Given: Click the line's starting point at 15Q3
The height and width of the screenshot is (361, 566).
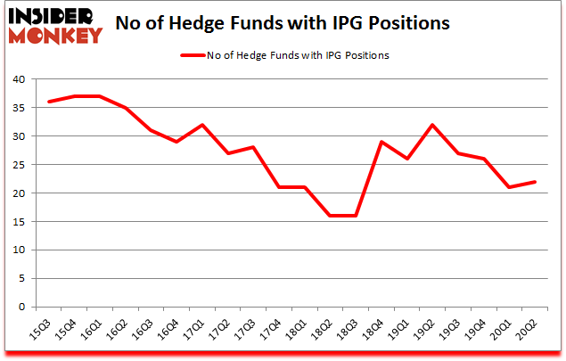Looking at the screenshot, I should pyautogui.click(x=48, y=102).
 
